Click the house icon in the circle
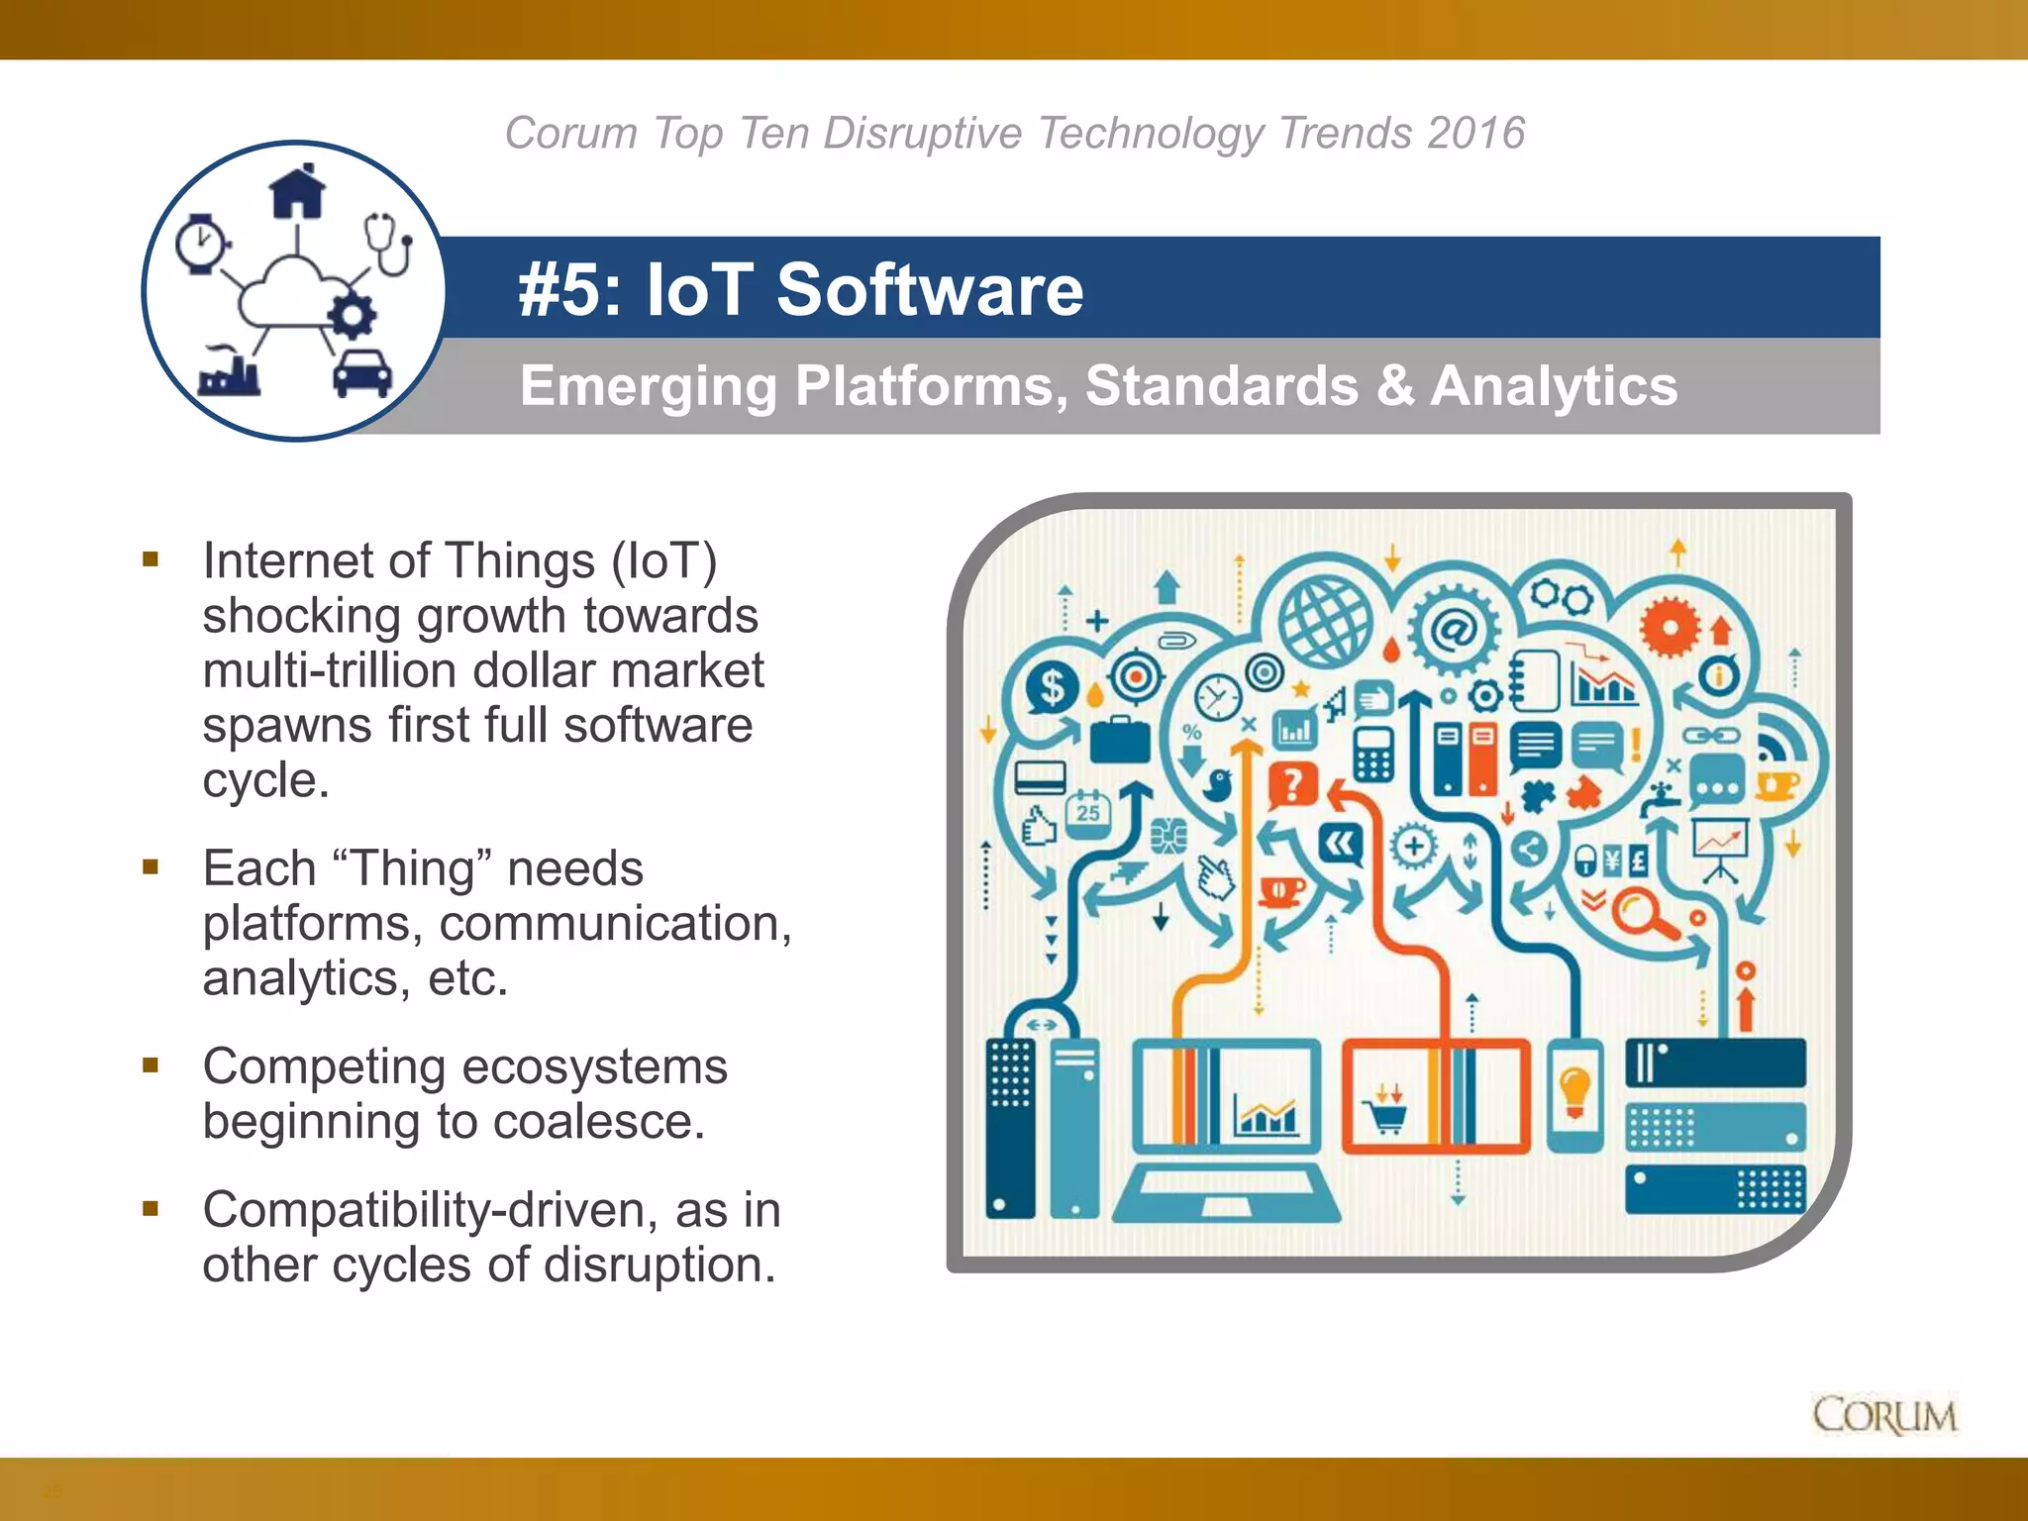tap(297, 191)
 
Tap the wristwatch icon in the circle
tap(202, 244)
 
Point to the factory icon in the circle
tap(230, 372)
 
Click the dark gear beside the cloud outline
tap(351, 317)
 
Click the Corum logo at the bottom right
tap(1884, 1415)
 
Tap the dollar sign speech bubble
tap(1052, 687)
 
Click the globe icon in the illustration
tap(1325, 622)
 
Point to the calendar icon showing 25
tap(1088, 813)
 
